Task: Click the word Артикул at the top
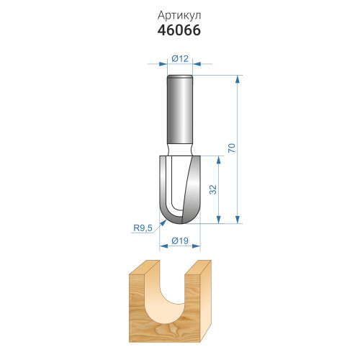pos(179,16)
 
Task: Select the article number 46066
pos(179,30)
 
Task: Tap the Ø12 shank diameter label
pos(180,58)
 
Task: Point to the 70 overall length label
pos(232,148)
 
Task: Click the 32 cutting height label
pos(213,189)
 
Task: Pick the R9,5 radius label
pos(143,228)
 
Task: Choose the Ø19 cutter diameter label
pos(180,240)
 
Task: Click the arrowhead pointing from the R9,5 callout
pos(163,223)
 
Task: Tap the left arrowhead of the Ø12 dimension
pos(163,64)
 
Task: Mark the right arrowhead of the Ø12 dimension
pos(197,64)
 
